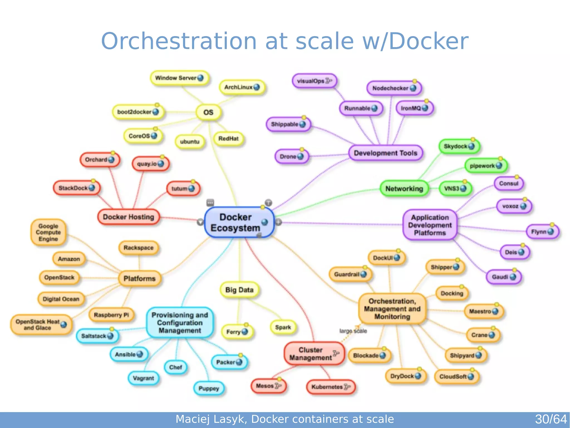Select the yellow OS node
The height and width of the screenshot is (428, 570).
[208, 112]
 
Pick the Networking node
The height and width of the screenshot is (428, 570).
[404, 189]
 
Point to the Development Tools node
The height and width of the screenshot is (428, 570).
[385, 153]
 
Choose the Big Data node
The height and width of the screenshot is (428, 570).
[239, 290]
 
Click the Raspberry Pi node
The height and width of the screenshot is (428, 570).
[111, 315]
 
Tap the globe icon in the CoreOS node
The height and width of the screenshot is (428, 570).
[154, 136]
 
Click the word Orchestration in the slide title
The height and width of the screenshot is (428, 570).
[178, 41]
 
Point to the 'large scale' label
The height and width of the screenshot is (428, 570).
[353, 331]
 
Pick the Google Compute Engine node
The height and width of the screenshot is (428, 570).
[48, 233]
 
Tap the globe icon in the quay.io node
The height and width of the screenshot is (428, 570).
[161, 164]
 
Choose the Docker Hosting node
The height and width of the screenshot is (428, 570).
[128, 217]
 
